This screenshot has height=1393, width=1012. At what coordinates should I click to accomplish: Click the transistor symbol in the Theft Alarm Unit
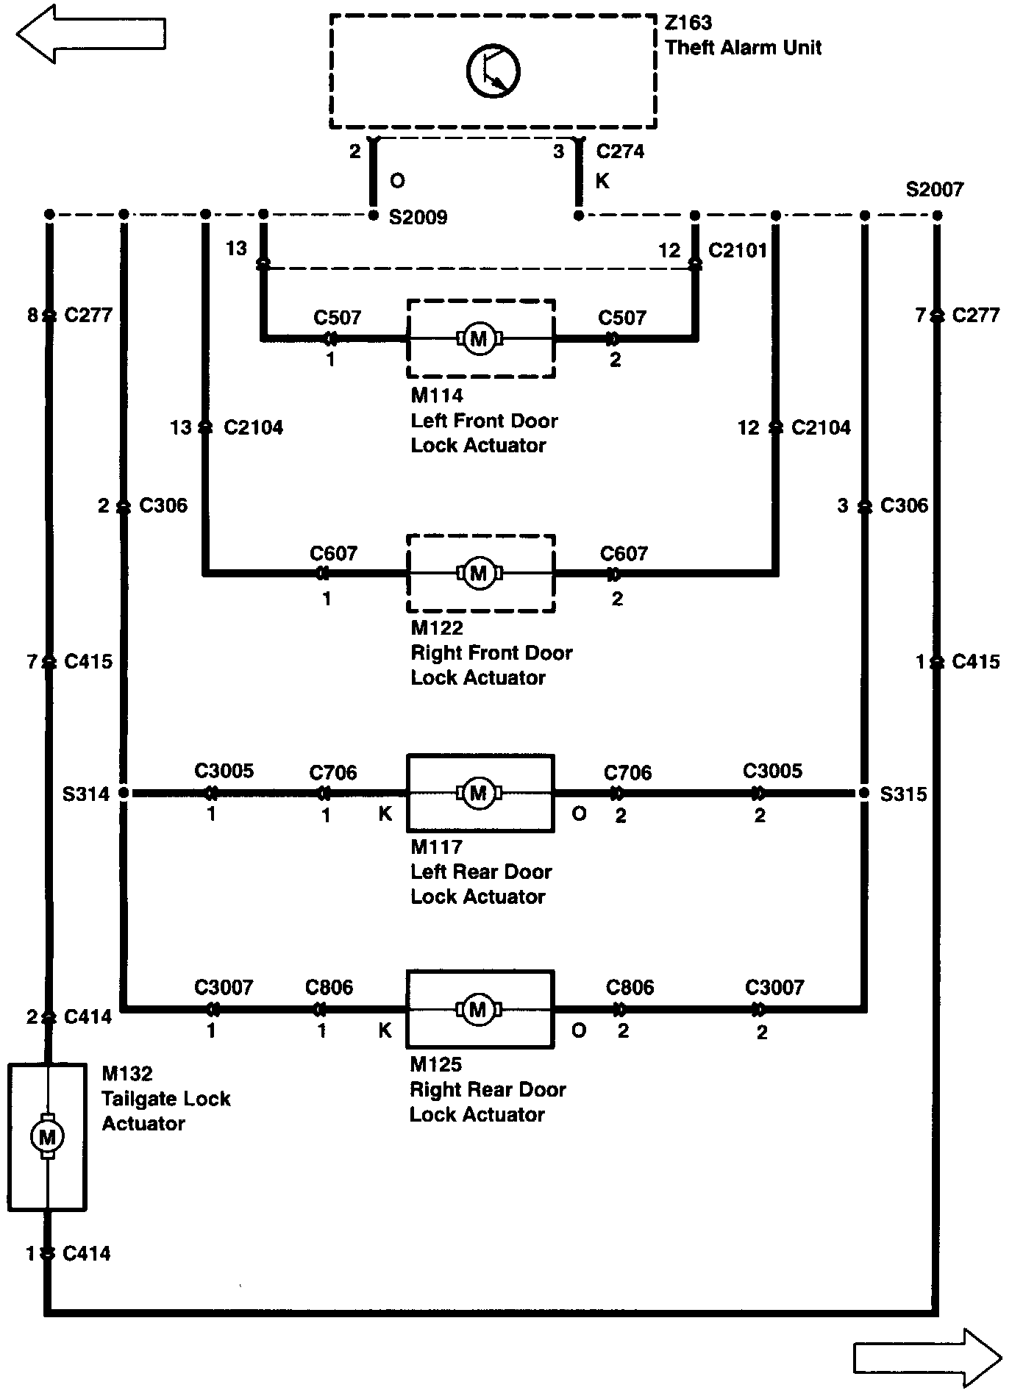click(x=493, y=71)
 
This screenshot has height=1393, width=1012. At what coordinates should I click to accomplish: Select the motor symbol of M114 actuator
click(x=479, y=339)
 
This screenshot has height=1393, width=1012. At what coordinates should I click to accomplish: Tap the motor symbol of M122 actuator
click(x=479, y=573)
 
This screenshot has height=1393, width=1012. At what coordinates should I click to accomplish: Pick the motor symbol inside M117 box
click(x=479, y=793)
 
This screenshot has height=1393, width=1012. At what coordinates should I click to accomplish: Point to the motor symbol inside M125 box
click(x=478, y=1009)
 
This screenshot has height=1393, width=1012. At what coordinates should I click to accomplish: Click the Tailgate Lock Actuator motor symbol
click(x=47, y=1138)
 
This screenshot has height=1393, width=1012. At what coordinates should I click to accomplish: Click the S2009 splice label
click(x=418, y=218)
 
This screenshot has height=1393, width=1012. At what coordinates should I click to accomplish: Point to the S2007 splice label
click(x=934, y=190)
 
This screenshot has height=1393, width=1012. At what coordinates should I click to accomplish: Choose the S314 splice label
click(x=86, y=794)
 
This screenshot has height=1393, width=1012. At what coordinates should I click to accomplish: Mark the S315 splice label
click(x=903, y=794)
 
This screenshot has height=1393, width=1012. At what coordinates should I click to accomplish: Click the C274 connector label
click(x=620, y=152)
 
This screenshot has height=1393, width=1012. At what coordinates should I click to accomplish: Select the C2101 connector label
click(x=738, y=250)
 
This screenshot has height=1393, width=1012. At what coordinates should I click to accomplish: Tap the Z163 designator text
click(x=688, y=24)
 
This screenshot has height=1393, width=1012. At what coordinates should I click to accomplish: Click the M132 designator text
click(x=127, y=1074)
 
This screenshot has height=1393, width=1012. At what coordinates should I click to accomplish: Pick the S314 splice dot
click(x=124, y=793)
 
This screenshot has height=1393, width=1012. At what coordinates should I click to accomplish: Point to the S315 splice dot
click(x=865, y=793)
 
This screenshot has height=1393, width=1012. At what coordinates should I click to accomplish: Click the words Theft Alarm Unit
click(x=743, y=48)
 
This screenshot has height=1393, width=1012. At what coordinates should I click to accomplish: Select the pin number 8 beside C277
click(x=32, y=316)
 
